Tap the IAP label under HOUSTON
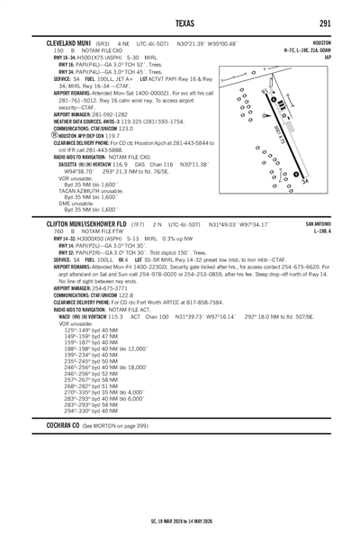[340, 57]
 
